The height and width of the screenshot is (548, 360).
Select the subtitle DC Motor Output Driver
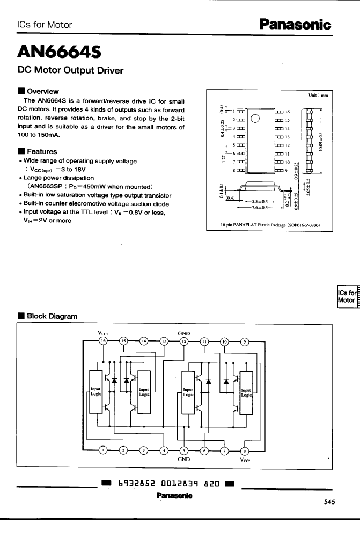click(x=71, y=70)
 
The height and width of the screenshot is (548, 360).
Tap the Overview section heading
click(x=42, y=91)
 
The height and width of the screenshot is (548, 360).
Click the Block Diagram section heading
click(x=52, y=316)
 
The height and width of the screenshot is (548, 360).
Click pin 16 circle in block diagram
click(x=104, y=341)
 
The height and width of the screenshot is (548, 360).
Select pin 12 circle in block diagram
click(x=184, y=341)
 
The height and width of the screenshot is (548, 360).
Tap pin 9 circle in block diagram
click(x=245, y=341)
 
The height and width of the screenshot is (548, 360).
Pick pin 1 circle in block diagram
click(x=104, y=450)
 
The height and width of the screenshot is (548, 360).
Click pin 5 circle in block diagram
click(x=184, y=450)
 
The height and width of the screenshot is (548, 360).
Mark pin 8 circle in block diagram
click(x=245, y=450)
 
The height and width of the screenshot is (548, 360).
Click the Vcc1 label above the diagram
click(x=104, y=332)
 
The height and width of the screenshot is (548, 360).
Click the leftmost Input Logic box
click(x=95, y=391)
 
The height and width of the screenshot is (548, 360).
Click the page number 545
click(x=330, y=502)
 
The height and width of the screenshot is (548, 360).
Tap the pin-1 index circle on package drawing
click(x=255, y=119)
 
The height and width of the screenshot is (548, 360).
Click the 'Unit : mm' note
click(x=318, y=95)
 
